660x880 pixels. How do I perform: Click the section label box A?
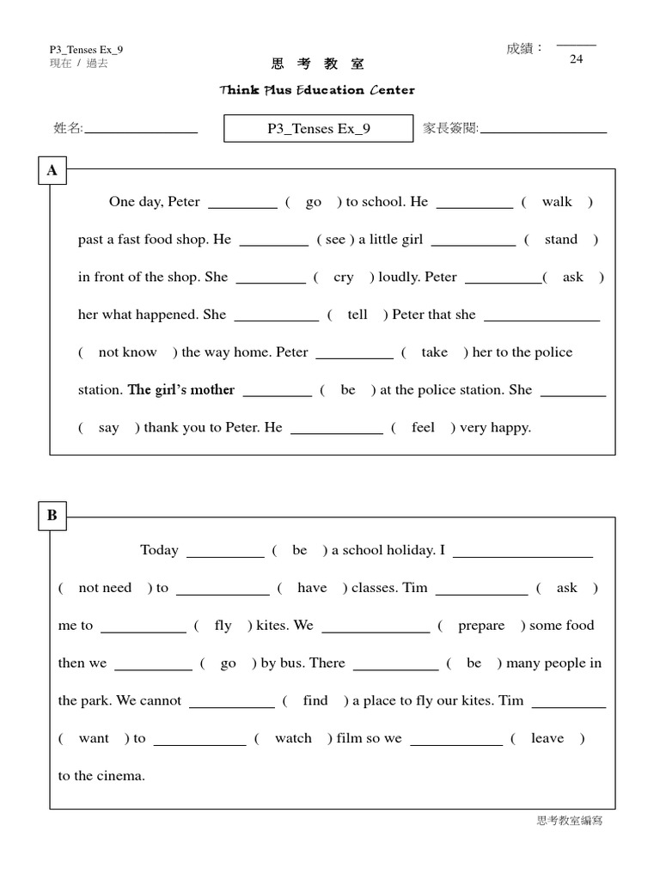[52, 171]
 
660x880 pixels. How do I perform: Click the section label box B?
[52, 516]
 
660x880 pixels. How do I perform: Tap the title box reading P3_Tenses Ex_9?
[318, 129]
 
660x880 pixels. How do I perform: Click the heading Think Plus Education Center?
[317, 90]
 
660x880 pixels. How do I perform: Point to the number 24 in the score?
[576, 59]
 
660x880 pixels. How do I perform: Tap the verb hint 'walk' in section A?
[557, 202]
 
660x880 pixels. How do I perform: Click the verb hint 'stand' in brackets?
[561, 240]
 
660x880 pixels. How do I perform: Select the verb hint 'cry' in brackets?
[344, 278]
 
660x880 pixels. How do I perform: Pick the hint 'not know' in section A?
[127, 352]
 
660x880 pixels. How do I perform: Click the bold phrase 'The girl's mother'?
[181, 390]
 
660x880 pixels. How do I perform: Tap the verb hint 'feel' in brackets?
[423, 428]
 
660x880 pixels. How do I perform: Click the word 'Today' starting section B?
[159, 550]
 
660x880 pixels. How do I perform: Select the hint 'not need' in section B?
[105, 588]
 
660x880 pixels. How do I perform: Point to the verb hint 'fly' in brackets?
[223, 626]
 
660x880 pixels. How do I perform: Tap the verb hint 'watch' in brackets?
[293, 738]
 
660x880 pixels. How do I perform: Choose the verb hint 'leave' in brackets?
[547, 738]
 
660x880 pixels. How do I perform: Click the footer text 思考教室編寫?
[570, 822]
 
